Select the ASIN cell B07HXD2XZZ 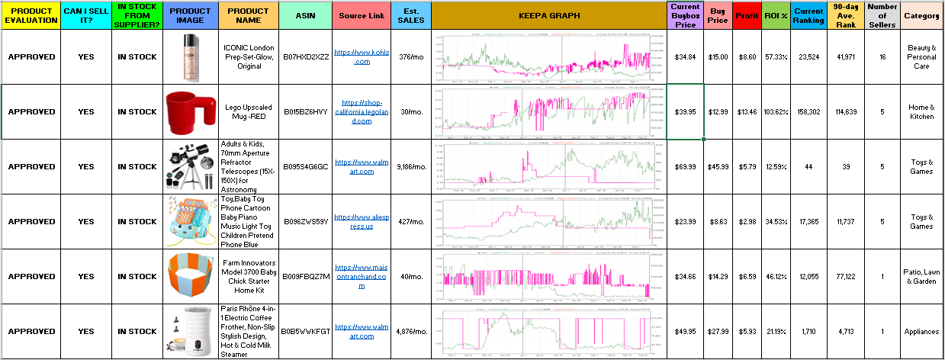point(305,57)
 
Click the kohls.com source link point(362,57)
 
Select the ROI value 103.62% point(776,112)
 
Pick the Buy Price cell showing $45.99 point(717,167)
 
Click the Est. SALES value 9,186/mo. point(411,167)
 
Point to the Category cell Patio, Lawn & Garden point(921,277)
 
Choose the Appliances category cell point(921,332)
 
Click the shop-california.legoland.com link point(362,111)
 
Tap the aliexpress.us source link point(362,221)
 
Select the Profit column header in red point(747,15)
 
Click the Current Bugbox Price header point(685,15)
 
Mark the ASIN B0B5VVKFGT point(305,332)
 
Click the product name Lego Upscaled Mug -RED point(249,112)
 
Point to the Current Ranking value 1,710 point(808,332)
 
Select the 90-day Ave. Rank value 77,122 point(845,277)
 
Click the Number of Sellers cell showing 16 point(882,57)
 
